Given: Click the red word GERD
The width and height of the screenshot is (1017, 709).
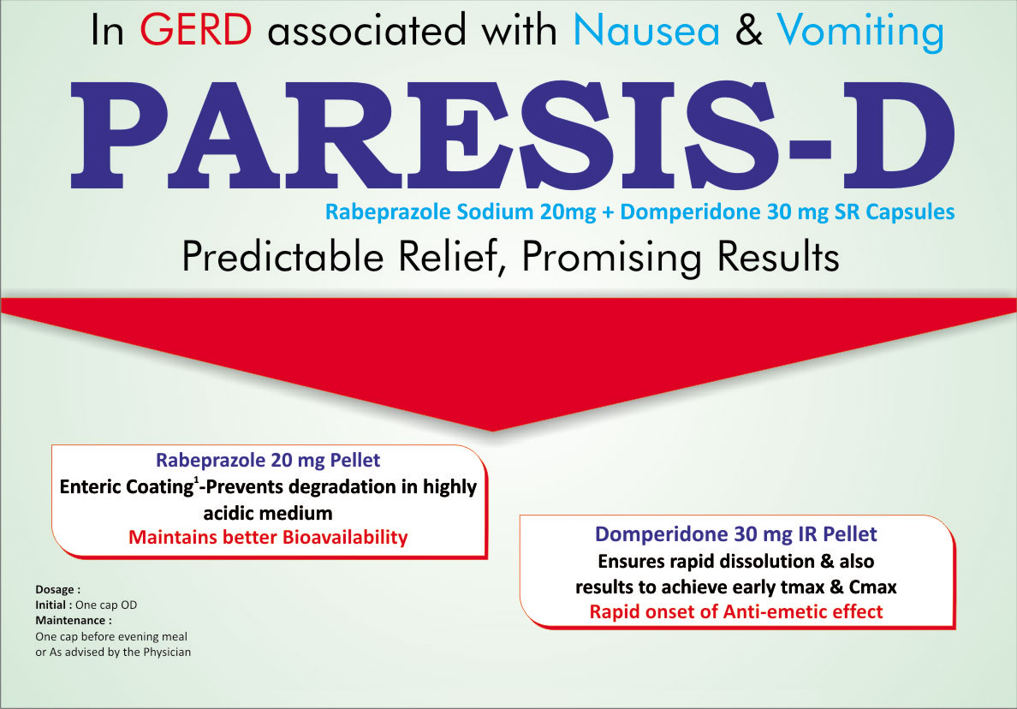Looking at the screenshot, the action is [x=196, y=30].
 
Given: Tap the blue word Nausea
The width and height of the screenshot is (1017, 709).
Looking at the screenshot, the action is [x=646, y=31].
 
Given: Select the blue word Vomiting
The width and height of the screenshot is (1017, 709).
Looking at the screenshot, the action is [x=860, y=33].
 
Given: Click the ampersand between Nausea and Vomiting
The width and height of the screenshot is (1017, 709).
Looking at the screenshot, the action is [x=748, y=31].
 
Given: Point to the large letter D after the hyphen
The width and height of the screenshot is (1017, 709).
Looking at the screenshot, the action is [x=898, y=135].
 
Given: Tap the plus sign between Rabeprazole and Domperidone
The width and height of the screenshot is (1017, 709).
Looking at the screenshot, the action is [x=608, y=212].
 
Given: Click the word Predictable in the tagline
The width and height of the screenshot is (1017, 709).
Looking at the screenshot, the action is [x=282, y=256].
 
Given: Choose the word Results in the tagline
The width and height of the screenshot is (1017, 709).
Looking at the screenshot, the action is [x=778, y=256].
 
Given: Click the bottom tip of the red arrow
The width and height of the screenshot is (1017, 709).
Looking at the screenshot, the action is [x=492, y=431].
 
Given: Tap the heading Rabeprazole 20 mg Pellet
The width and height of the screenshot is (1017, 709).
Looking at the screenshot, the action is [x=268, y=460].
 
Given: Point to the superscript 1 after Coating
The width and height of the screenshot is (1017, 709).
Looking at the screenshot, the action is [x=196, y=479].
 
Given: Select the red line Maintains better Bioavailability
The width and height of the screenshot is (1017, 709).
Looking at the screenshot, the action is [x=268, y=537].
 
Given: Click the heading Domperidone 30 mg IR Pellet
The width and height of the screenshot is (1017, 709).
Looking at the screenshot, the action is [x=736, y=533].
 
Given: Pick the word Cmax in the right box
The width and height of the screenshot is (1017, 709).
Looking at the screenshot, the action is [x=873, y=587].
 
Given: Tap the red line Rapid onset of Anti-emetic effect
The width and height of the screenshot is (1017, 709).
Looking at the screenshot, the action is [x=736, y=611].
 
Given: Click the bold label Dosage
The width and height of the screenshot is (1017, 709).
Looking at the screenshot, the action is [x=57, y=590].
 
